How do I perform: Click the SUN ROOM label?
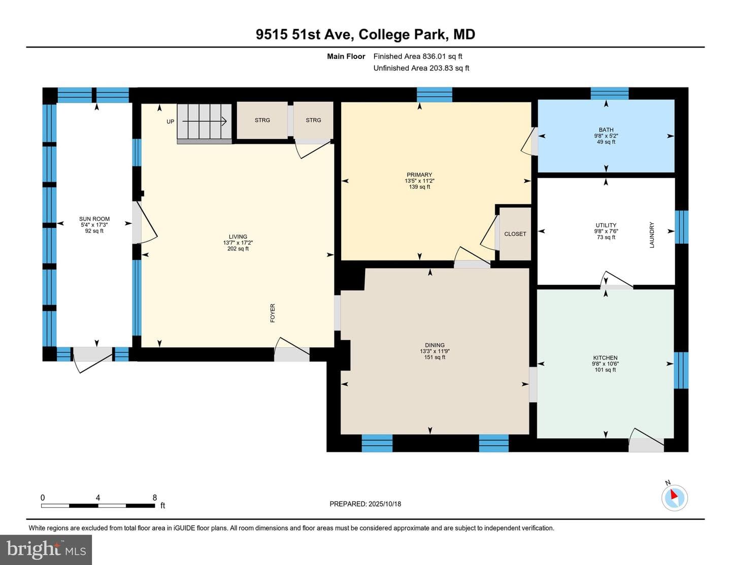[94, 219]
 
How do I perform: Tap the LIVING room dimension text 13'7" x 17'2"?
[238, 243]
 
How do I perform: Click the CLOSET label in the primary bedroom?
[515, 234]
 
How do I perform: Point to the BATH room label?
[606, 129]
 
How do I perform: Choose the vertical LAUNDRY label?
[652, 235]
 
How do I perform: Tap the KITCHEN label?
[605, 357]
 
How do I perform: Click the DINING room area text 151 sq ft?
[435, 357]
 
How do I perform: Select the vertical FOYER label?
[273, 313]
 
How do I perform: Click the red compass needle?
[674, 494]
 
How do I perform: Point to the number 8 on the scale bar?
[154, 497]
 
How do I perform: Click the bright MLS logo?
[46, 550]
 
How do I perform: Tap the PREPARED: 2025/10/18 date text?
[365, 504]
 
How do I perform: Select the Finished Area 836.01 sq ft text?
[418, 56]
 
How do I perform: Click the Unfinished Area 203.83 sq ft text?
[421, 68]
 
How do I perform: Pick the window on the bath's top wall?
[610, 93]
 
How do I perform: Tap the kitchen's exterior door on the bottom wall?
[646, 441]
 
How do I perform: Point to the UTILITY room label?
[606, 225]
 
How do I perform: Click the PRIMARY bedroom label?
[419, 175]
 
